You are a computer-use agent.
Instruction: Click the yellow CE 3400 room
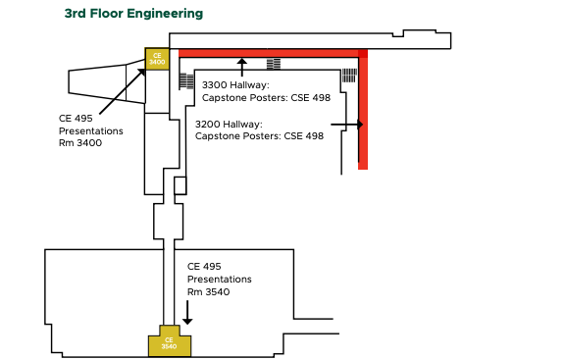[157, 59]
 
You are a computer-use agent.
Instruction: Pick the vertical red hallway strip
[363, 113]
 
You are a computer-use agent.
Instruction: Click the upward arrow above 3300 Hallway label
[241, 67]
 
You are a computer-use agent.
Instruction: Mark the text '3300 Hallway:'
[235, 85]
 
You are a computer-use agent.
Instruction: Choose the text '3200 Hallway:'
[229, 125]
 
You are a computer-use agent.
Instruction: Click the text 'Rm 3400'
[80, 143]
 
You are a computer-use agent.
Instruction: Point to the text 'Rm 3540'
[209, 291]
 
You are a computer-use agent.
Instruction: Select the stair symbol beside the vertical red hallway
[349, 76]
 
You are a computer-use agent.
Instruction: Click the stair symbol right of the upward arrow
[274, 64]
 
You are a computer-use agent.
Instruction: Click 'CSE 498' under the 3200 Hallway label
[303, 136]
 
